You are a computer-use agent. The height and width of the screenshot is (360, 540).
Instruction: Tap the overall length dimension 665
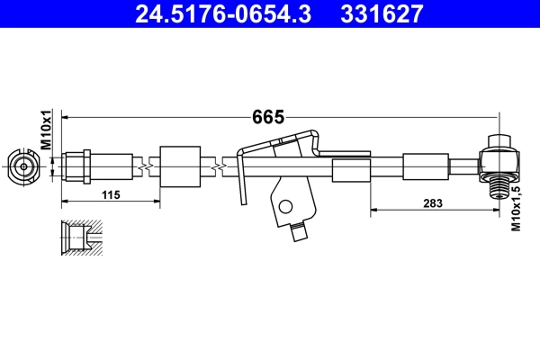click(267, 117)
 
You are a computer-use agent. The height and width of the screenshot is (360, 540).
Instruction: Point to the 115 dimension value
click(111, 195)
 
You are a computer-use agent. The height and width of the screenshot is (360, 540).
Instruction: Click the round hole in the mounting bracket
click(287, 205)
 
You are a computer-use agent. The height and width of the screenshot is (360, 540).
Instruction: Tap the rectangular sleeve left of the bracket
click(178, 166)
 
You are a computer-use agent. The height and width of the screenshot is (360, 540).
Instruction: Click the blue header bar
click(270, 14)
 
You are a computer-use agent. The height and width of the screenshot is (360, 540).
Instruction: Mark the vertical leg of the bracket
click(241, 180)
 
